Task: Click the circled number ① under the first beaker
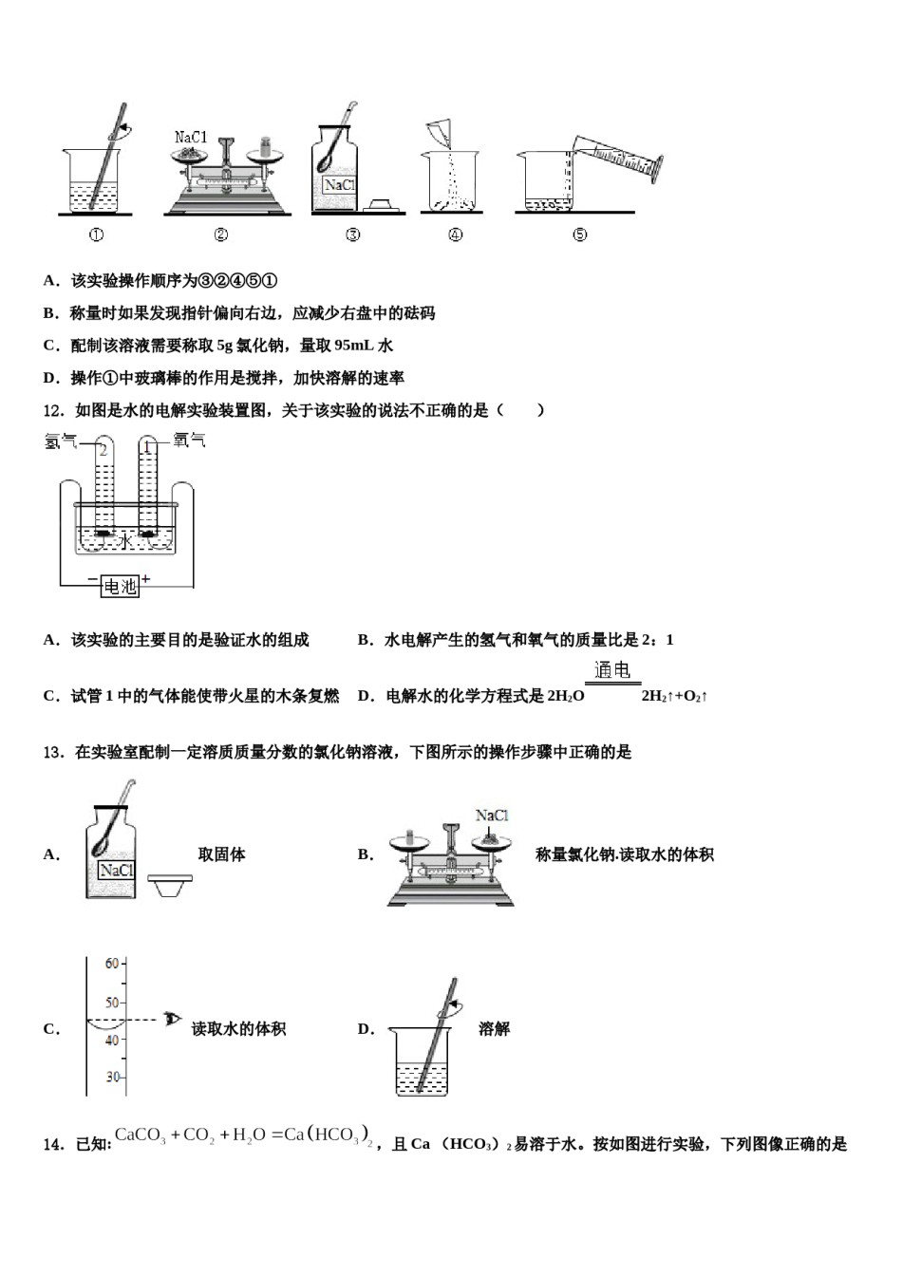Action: click(96, 235)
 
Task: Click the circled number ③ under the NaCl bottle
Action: click(353, 235)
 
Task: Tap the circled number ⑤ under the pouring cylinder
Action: click(580, 235)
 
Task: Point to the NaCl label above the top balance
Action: click(191, 138)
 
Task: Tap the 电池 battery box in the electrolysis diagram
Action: click(120, 587)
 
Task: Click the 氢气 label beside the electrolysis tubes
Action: click(60, 441)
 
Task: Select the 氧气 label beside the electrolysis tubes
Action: click(189, 441)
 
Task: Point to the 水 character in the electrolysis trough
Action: click(125, 540)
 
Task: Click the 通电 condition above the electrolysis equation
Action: click(611, 670)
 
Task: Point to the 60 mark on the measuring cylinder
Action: click(112, 964)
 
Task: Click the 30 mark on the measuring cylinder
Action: click(113, 1077)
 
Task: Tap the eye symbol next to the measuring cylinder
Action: click(173, 1020)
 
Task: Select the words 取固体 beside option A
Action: click(221, 854)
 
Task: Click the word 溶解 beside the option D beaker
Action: click(494, 1029)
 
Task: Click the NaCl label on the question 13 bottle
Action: click(116, 871)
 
